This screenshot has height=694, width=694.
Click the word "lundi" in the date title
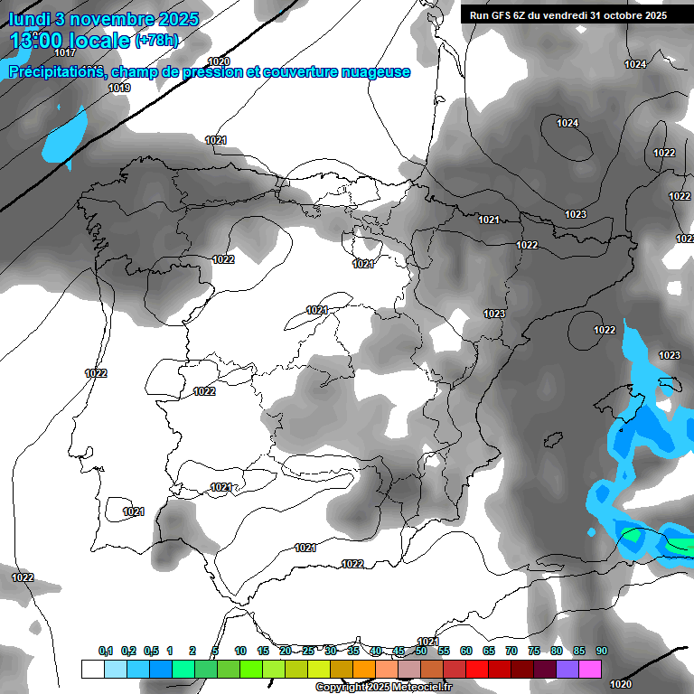tap(29, 18)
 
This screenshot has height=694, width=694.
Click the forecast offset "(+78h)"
tap(155, 41)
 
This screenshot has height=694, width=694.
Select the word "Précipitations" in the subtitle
tap(56, 71)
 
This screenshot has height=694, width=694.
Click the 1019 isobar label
tap(119, 88)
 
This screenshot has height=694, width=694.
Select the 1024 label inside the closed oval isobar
tap(567, 123)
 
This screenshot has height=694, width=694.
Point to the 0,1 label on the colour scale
tap(106, 651)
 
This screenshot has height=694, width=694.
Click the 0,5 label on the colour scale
tap(151, 651)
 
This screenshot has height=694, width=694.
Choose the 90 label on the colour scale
tap(602, 651)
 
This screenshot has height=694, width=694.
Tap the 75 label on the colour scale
tap(534, 651)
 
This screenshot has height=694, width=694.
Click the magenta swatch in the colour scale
tap(591, 669)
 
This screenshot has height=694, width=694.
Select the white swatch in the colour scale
tap(92, 669)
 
